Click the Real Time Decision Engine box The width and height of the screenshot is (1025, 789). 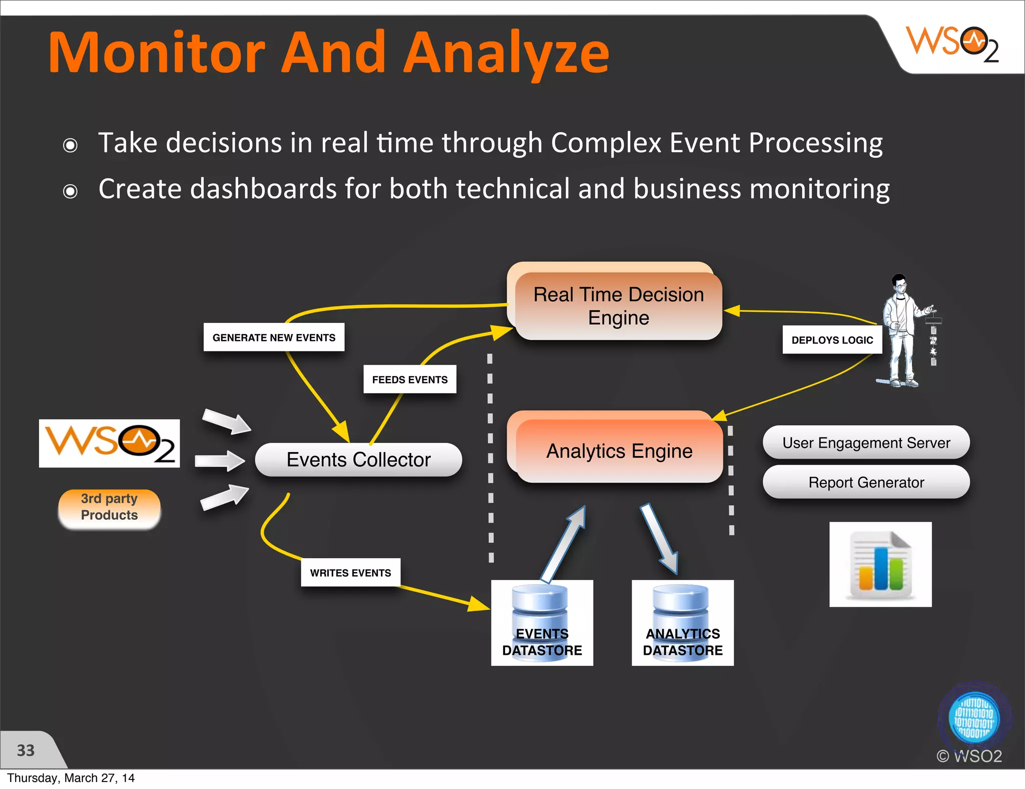[x=618, y=305]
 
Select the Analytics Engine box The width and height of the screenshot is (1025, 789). [x=619, y=451]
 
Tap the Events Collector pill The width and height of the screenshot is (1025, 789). [x=358, y=459]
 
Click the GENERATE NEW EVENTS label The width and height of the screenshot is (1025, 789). [x=274, y=337]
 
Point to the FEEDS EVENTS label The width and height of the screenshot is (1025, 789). [x=409, y=379]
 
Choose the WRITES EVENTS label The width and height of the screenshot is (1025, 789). [x=350, y=572]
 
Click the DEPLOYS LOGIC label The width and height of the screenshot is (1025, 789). [x=832, y=340]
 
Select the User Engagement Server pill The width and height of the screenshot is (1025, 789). [x=866, y=443]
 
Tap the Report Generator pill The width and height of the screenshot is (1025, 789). [x=866, y=482]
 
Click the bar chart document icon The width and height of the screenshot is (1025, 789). [x=880, y=564]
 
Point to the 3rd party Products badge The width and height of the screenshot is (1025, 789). [x=109, y=507]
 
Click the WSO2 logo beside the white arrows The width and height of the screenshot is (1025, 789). [x=109, y=443]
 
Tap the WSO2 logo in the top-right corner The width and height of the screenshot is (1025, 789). [x=952, y=44]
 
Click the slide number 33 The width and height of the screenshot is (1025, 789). [x=26, y=750]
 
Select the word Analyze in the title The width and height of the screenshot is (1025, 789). [x=506, y=53]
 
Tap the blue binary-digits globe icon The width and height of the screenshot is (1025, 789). [x=974, y=719]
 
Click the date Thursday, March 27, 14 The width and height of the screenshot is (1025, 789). [x=71, y=778]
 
